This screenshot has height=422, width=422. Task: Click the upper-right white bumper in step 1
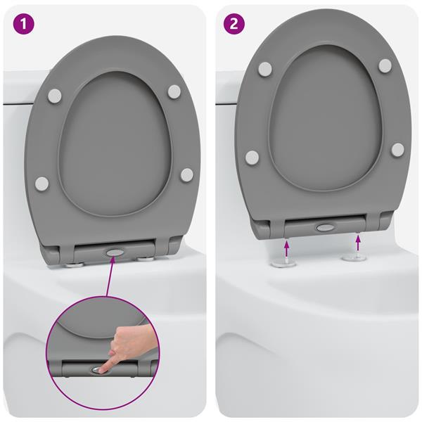pyautogui.click(x=174, y=91)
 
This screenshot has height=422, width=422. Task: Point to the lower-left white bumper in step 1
pyautogui.click(x=42, y=184)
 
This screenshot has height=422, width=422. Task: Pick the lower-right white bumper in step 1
pyautogui.click(x=186, y=174)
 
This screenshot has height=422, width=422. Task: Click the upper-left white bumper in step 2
pyautogui.click(x=265, y=68)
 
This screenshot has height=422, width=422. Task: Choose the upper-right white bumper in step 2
pyautogui.click(x=385, y=65)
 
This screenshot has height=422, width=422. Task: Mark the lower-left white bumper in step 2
pyautogui.click(x=252, y=157)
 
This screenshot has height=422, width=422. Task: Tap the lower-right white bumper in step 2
pyautogui.click(x=397, y=150)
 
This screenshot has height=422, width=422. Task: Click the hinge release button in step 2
pyautogui.click(x=325, y=228)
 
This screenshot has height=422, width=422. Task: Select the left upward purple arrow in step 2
pyautogui.click(x=287, y=246)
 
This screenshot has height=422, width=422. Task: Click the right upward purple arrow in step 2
pyautogui.click(x=358, y=243)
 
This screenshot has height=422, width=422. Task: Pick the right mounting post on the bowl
pyautogui.click(x=353, y=258)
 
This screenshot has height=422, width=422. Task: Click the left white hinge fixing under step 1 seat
pyautogui.click(x=73, y=264)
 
